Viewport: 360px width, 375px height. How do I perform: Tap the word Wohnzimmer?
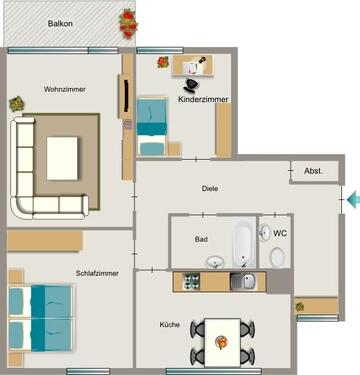[64, 90]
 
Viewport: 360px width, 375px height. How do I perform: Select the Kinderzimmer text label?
[204, 100]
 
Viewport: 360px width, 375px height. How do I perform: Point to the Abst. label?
[313, 172]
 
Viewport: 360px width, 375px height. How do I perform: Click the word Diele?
[209, 188]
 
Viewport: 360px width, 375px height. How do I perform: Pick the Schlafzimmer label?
[97, 273]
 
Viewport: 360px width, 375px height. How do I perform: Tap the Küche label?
[170, 325]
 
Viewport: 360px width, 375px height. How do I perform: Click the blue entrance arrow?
[351, 201]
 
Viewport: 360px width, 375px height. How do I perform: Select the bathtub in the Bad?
[243, 241]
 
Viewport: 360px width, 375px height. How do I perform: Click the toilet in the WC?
[277, 256]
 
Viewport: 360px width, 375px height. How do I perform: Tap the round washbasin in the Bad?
[215, 262]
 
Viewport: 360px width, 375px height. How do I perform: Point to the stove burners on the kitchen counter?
[189, 282]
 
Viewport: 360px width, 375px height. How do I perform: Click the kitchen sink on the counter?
[242, 282]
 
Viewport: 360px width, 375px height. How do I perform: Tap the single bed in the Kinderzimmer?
[152, 125]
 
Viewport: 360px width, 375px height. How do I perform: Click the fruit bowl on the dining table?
[222, 343]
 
